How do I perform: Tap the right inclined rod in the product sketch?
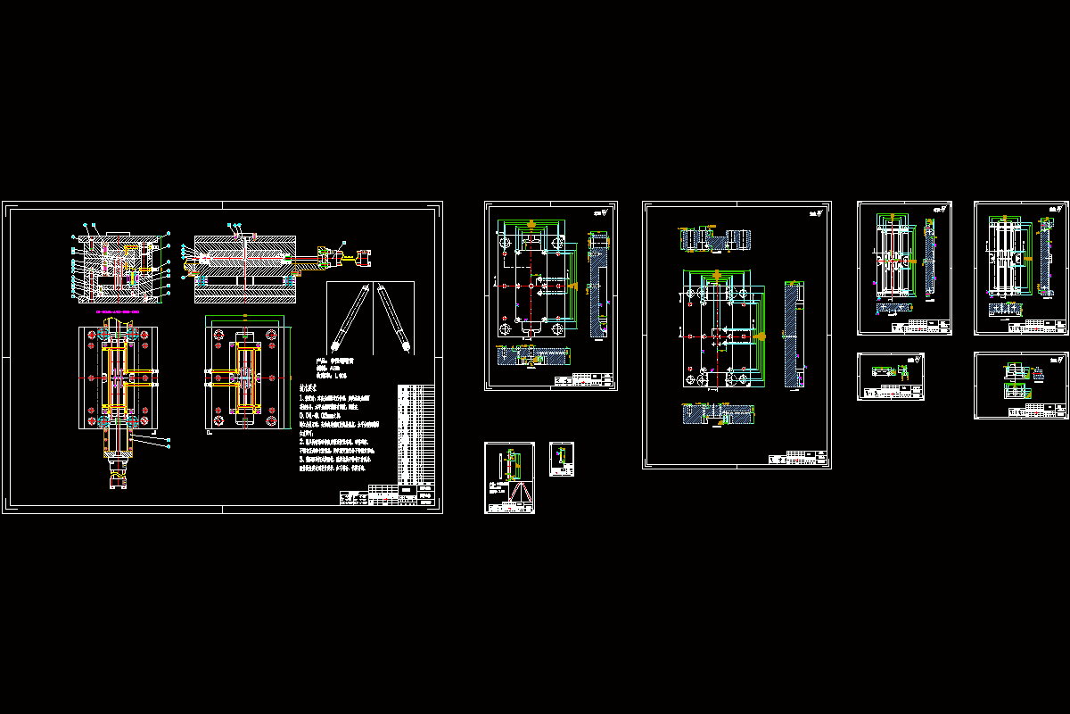pos(392,317)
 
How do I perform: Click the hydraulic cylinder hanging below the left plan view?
pos(117,460)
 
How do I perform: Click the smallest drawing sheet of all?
pos(561,460)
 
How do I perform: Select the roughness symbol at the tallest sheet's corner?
pos(813,212)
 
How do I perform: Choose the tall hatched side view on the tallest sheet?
pos(792,334)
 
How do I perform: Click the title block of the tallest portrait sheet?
pos(796,459)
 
